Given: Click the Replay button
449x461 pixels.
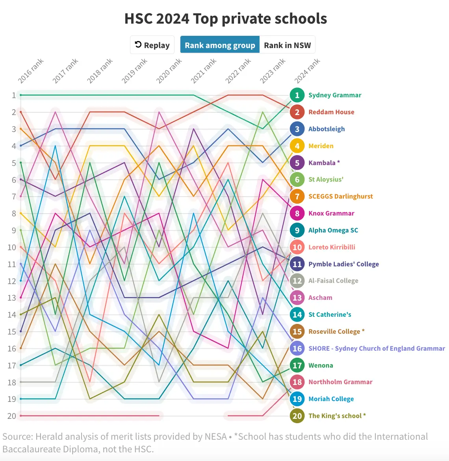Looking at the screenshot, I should (x=152, y=45).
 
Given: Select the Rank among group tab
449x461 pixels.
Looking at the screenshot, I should (x=220, y=45).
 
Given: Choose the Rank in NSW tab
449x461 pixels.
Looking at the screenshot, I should (x=287, y=45).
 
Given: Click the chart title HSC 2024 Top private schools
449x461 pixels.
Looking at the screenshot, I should (x=225, y=19).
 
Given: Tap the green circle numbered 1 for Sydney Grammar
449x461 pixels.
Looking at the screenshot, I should (x=297, y=95).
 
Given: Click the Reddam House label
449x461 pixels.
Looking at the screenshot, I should (x=331, y=112).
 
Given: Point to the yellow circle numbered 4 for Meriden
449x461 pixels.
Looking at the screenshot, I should (x=297, y=146).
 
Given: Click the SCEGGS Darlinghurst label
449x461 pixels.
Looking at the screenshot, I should (x=340, y=196).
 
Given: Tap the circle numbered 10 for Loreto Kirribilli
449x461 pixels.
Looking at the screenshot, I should (x=297, y=247).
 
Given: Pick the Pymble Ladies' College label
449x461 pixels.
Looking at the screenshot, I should (x=343, y=264).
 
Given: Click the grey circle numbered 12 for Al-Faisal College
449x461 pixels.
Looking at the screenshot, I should (x=297, y=281).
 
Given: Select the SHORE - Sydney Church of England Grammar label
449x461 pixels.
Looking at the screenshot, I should (x=377, y=348).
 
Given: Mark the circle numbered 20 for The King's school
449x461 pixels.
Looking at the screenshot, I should (x=297, y=416).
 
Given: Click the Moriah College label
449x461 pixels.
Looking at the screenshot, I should (x=331, y=399).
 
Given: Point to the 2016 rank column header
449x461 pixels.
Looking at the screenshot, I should (x=31, y=71).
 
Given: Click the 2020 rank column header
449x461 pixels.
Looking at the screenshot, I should (x=169, y=71).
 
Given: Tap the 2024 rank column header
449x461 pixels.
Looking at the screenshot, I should (x=307, y=71).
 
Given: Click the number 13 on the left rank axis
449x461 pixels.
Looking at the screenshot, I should (x=11, y=298).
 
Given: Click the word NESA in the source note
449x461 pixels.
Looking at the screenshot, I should (x=215, y=437).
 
